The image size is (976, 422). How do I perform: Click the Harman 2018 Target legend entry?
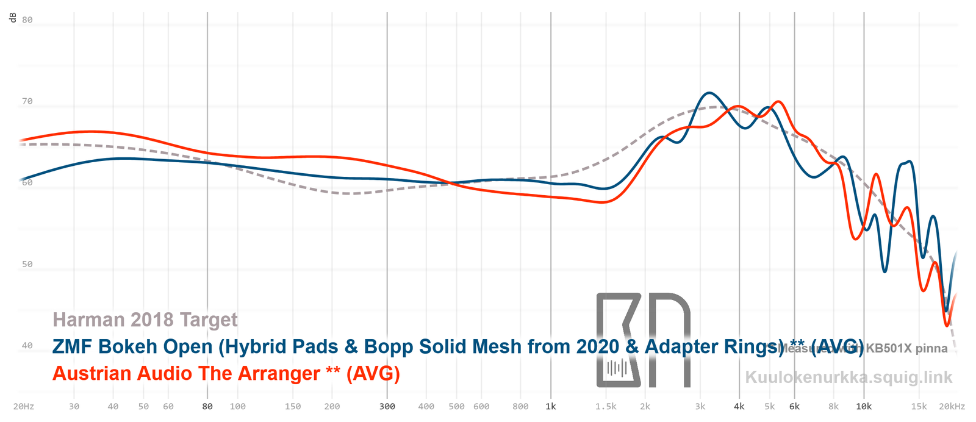pyautogui.click(x=145, y=320)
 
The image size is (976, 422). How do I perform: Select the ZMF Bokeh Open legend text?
pyautogui.click(x=457, y=346)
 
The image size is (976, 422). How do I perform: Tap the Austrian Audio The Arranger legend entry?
pyautogui.click(x=226, y=373)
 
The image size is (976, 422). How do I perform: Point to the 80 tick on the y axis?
pyautogui.click(x=27, y=20)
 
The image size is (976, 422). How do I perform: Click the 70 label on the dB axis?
pyautogui.click(x=27, y=101)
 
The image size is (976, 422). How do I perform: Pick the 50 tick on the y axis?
pyautogui.click(x=27, y=264)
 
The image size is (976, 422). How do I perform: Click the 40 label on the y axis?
pyautogui.click(x=27, y=345)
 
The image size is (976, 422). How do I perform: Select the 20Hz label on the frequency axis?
pyautogui.click(x=23, y=406)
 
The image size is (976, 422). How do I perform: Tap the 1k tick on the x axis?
pyautogui.click(x=551, y=406)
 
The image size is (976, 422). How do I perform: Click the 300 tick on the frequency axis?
pyautogui.click(x=387, y=406)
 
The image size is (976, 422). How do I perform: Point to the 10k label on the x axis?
pyautogui.click(x=864, y=406)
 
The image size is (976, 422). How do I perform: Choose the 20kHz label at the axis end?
pyautogui.click(x=952, y=406)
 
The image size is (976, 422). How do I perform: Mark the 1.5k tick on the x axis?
pyautogui.click(x=606, y=406)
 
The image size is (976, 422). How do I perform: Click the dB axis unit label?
pyautogui.click(x=13, y=18)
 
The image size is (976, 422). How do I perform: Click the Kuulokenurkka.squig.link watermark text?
pyautogui.click(x=849, y=377)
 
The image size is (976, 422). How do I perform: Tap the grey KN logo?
pyautogui.click(x=643, y=340)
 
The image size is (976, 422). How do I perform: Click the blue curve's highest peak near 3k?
pyautogui.click(x=708, y=93)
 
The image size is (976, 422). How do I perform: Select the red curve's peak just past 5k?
pyautogui.click(x=778, y=101)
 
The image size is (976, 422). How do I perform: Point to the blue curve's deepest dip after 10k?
pyautogui.click(x=884, y=271)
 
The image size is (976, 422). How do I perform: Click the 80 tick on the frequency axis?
pyautogui.click(x=207, y=406)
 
